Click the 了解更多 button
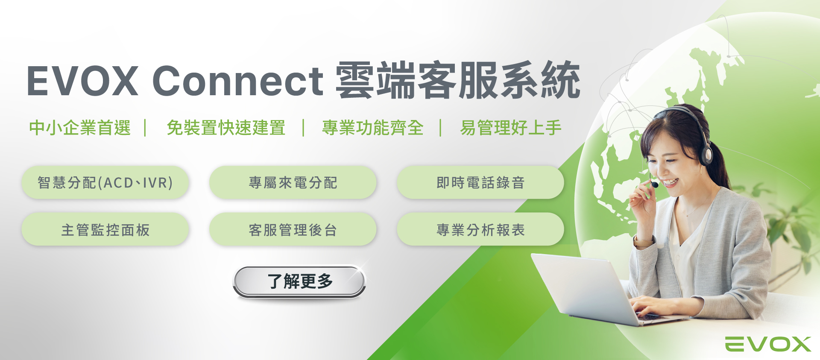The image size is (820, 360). (299, 281)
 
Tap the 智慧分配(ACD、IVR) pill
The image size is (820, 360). (105, 182)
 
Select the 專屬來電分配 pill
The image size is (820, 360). (293, 182)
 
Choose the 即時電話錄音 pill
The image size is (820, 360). (480, 182)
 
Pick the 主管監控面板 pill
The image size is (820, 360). (105, 229)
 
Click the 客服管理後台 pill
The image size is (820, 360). (293, 229)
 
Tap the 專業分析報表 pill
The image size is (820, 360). (480, 229)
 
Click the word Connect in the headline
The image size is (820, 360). (238, 81)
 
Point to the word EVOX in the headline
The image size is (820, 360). (82, 81)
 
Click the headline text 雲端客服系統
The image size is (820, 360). (458, 80)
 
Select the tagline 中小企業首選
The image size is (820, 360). (80, 128)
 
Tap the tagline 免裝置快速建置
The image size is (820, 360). (226, 128)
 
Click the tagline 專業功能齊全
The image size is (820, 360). (373, 128)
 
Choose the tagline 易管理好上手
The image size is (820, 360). (511, 128)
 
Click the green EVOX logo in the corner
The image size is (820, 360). (768, 344)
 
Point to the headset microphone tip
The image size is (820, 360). (655, 184)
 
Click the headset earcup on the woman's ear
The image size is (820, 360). (706, 154)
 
